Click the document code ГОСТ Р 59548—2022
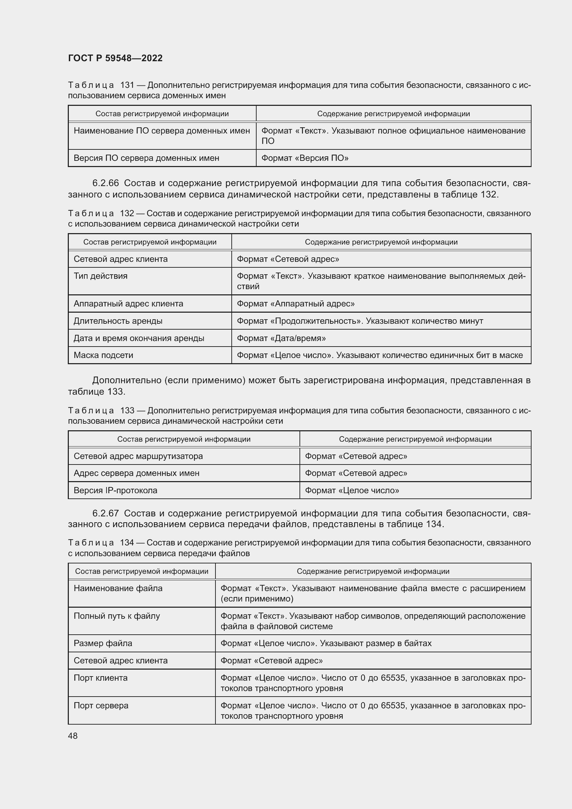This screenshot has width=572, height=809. point(115,58)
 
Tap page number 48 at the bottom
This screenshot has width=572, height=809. point(73,736)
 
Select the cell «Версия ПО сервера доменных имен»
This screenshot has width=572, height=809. point(146,158)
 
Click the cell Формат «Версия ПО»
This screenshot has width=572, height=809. point(305,158)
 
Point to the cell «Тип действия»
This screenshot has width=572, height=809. point(100,276)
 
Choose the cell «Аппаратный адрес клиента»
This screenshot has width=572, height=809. point(128,304)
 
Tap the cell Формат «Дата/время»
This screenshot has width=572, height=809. point(281,338)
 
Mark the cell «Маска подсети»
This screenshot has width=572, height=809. point(103,355)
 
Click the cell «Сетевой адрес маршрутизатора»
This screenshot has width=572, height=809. point(138,456)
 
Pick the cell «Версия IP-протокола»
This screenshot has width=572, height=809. point(115,490)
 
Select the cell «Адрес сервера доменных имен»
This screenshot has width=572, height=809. point(136,473)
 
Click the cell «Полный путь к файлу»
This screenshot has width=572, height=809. point(117,616)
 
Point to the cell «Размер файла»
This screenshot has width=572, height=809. point(103,643)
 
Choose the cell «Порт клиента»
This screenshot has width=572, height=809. point(100,678)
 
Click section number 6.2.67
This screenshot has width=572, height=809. point(105,513)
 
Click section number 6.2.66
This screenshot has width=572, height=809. point(105,183)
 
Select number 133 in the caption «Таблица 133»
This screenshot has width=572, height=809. point(127,411)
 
